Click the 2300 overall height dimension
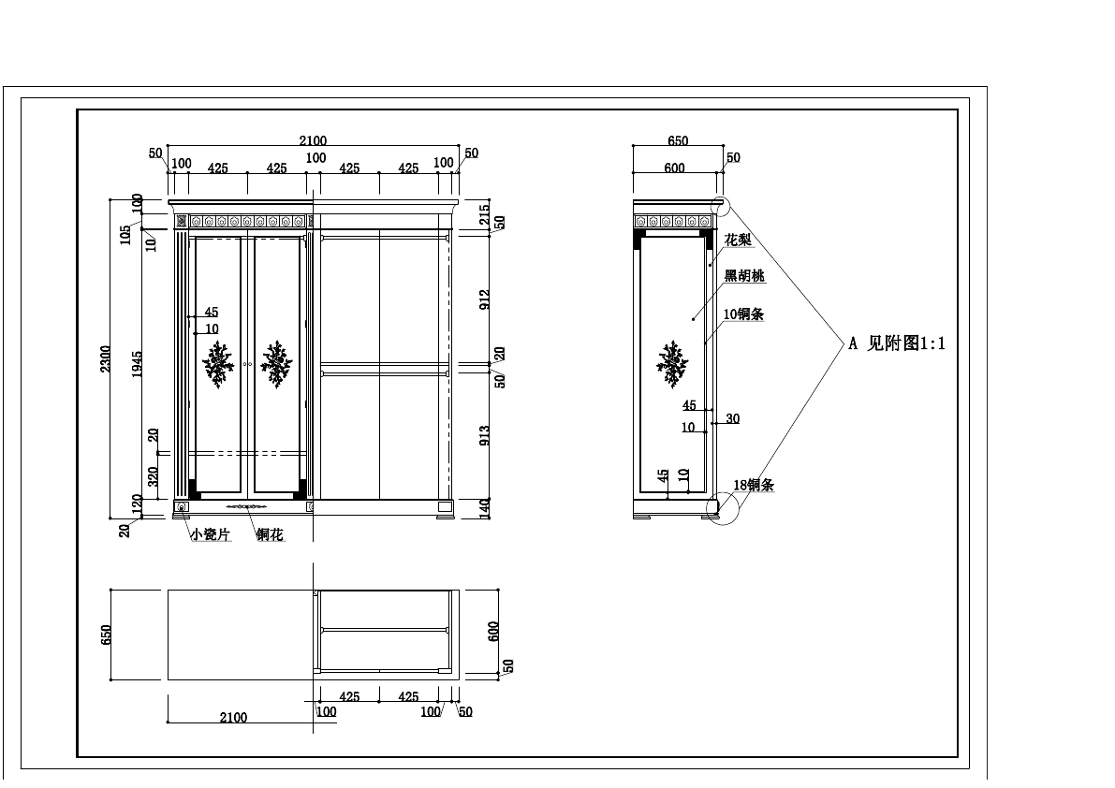(106, 358)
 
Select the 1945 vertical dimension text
(137, 364)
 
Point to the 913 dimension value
(484, 436)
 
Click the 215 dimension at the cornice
(484, 212)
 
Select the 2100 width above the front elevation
(313, 140)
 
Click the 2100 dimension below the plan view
(233, 718)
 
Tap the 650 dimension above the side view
(678, 141)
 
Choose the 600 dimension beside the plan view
(494, 631)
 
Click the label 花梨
(738, 241)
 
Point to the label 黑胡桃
(744, 276)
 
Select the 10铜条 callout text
(743, 314)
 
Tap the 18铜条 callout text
(753, 485)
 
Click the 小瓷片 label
(210, 534)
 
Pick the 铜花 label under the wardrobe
(270, 534)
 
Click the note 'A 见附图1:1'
(897, 343)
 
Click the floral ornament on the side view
(672, 364)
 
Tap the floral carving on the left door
(219, 364)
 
